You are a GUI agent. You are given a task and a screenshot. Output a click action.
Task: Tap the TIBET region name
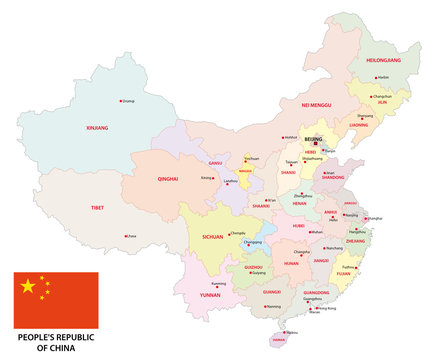[95, 207]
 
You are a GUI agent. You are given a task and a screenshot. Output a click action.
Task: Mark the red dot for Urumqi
[121, 100]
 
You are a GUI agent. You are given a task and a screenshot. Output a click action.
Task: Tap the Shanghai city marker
[367, 217]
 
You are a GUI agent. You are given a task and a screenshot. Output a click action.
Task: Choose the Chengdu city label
[266, 233]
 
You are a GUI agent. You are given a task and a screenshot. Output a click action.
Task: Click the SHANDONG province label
[333, 177]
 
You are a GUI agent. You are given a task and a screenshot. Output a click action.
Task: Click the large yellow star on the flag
[28, 287]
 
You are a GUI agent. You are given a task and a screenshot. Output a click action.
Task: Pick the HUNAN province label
[292, 263]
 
